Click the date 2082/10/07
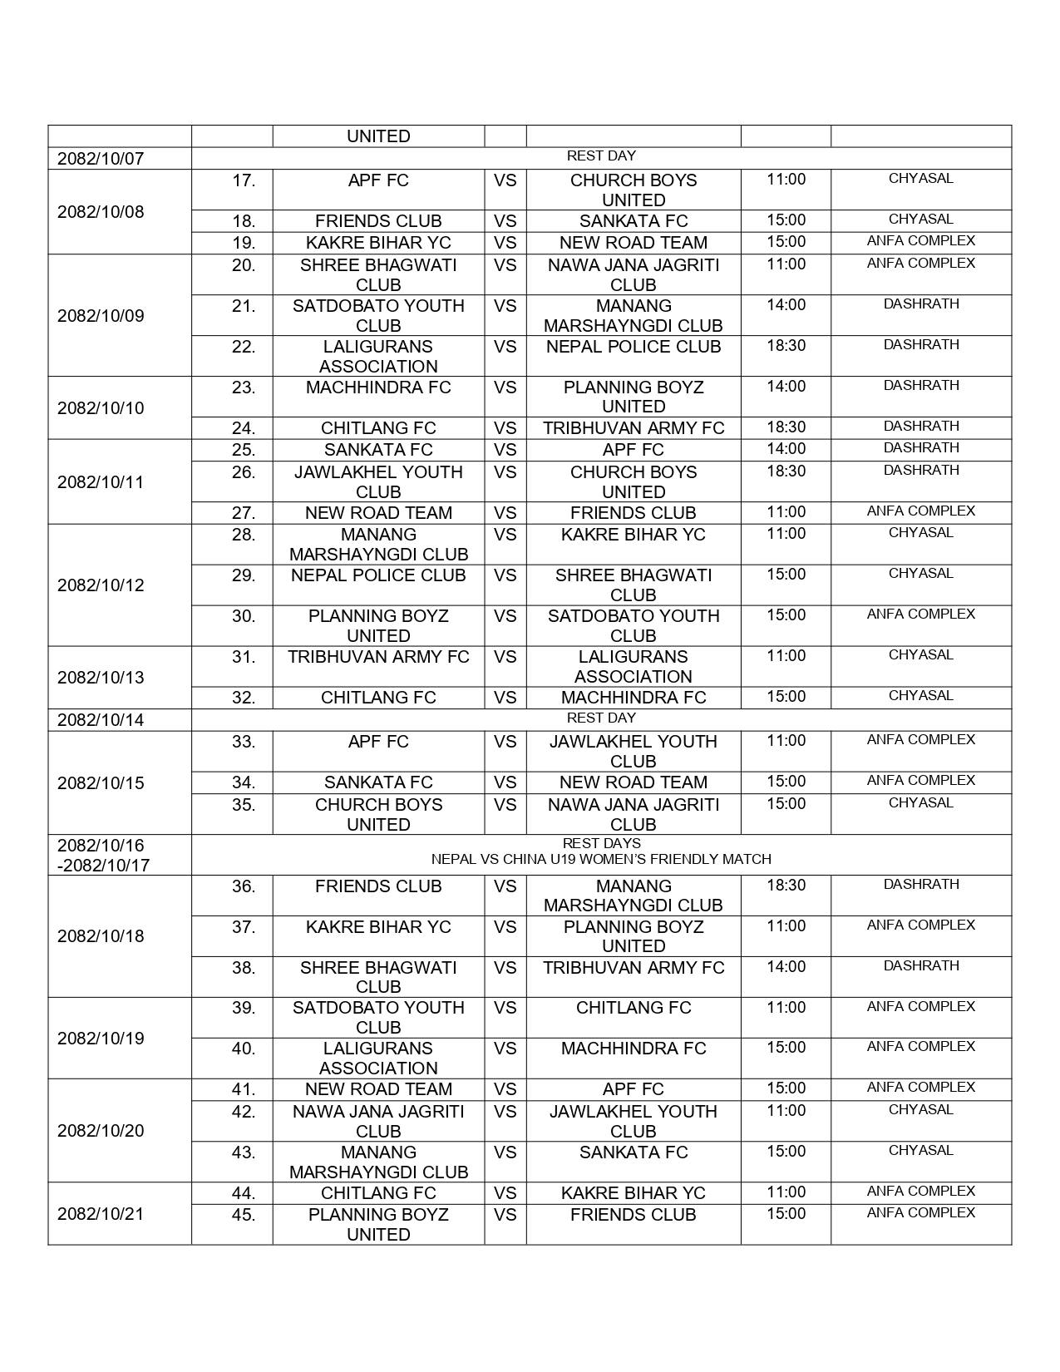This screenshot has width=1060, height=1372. click(101, 159)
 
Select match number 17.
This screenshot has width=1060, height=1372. click(244, 180)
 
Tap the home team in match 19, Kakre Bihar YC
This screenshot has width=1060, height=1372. click(378, 243)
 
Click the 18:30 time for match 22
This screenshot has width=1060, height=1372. click(786, 346)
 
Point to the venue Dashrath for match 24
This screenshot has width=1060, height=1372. click(920, 427)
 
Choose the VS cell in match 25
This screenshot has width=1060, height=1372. click(505, 450)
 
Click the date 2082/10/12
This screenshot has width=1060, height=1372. click(101, 585)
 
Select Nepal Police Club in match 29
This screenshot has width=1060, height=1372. click(378, 575)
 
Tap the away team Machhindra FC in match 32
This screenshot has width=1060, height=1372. click(633, 698)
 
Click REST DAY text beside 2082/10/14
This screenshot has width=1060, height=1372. click(601, 718)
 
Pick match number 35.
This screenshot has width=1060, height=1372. click(244, 805)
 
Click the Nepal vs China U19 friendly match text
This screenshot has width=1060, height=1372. click(601, 860)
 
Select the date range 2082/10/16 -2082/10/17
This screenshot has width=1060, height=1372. click(104, 855)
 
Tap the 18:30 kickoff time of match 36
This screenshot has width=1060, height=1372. click(786, 886)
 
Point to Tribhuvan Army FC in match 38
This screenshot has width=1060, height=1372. click(633, 968)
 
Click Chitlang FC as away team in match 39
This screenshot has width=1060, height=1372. click(633, 1008)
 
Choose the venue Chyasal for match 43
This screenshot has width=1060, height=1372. click(920, 1151)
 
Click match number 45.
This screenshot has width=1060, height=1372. click(244, 1215)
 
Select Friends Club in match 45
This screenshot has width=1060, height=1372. click(633, 1215)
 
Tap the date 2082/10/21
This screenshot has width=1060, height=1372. click(101, 1214)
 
